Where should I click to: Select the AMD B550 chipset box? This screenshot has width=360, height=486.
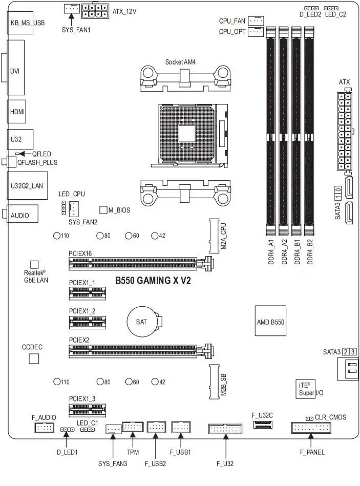(x=270, y=322)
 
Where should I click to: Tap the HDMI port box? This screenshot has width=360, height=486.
(x=18, y=111)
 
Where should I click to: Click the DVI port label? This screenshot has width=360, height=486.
(x=15, y=71)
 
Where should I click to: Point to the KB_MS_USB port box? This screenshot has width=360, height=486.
(x=20, y=23)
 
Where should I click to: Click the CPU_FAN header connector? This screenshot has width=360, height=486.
(x=256, y=20)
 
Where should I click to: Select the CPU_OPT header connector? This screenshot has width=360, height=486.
(x=256, y=32)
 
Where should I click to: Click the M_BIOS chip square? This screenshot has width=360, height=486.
(x=103, y=209)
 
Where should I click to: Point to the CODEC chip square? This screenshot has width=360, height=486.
(x=33, y=358)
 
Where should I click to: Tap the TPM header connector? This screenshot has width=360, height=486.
(x=133, y=428)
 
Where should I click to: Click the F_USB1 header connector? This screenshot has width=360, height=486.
(x=181, y=428)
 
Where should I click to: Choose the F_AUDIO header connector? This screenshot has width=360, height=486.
(x=44, y=428)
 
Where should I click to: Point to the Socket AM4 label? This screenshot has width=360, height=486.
(x=180, y=62)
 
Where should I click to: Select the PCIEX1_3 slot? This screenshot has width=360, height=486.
(x=88, y=409)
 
